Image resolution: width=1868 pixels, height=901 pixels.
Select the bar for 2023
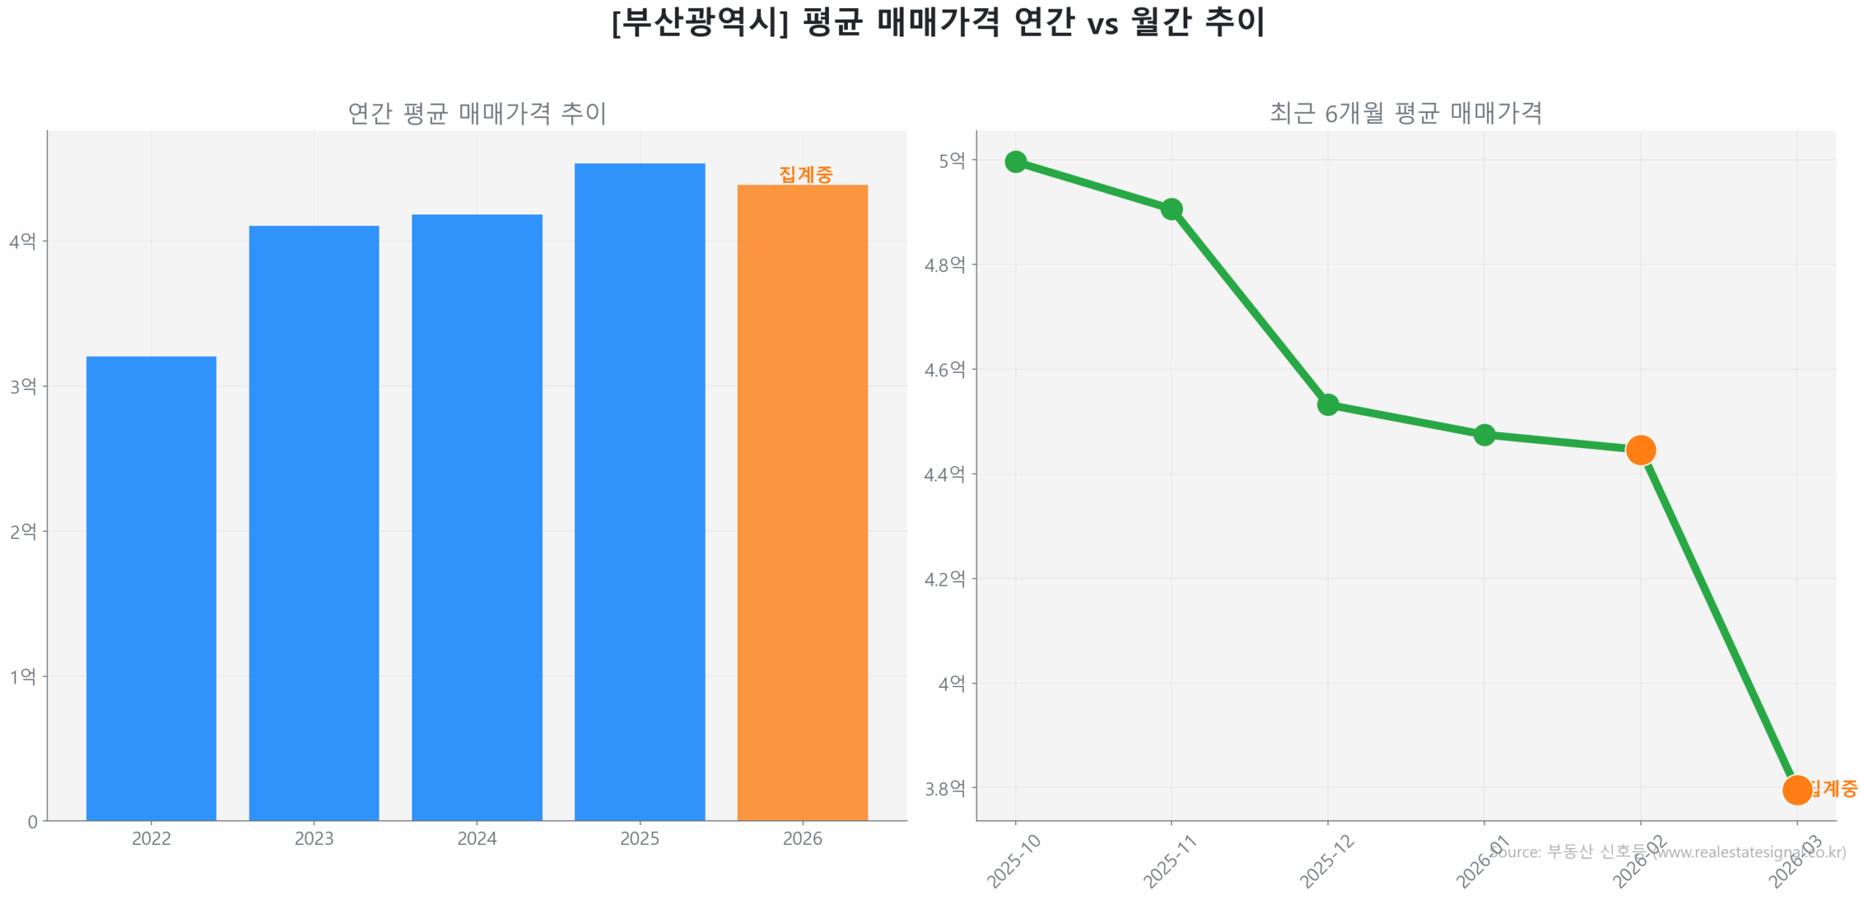click(314, 522)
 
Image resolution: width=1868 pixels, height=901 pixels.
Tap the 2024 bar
click(476, 517)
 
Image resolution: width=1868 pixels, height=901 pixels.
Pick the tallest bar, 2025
click(639, 491)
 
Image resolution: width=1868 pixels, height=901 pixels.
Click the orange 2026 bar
click(802, 502)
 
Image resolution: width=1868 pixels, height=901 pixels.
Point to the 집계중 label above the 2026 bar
click(806, 174)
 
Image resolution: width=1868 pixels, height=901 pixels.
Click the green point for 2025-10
click(1015, 161)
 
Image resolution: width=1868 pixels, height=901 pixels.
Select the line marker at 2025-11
click(1171, 209)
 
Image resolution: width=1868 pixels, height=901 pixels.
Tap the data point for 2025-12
click(1327, 404)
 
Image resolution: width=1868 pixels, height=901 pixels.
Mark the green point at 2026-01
click(1483, 436)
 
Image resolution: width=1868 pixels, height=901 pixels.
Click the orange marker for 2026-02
click(1640, 450)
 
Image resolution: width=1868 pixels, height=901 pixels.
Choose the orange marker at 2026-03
click(1796, 789)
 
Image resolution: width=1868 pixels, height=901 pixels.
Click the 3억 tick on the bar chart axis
click(23, 386)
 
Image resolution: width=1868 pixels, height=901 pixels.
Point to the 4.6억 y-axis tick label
click(944, 370)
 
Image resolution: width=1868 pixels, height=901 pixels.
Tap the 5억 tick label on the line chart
click(952, 161)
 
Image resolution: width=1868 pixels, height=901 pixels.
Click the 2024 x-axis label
click(476, 838)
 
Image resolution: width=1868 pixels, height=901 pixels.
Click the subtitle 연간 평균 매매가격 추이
click(476, 113)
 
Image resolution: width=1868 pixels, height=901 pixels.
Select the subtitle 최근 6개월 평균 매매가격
click(1405, 113)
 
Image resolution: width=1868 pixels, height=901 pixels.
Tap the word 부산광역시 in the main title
click(699, 22)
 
